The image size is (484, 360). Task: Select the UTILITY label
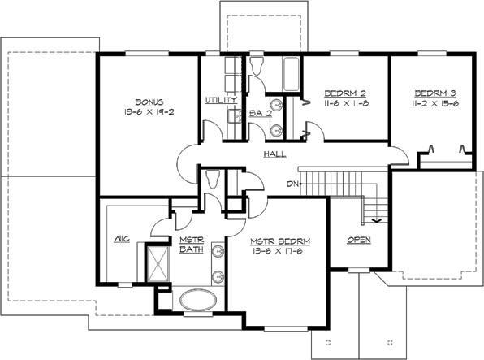221,100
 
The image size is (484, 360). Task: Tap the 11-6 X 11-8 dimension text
346,104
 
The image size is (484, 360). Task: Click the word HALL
274,154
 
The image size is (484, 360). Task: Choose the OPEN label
358,240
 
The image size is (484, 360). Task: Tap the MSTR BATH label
191,245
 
